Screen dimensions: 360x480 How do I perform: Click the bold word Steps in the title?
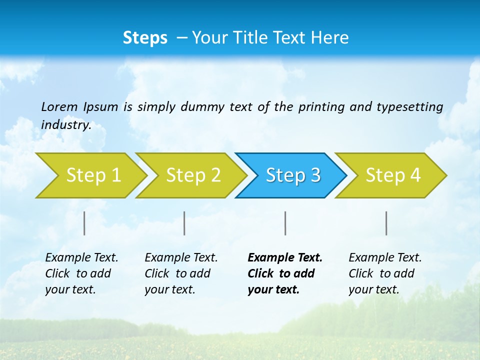tap(145, 38)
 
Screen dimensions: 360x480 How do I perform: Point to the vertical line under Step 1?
tap(84, 223)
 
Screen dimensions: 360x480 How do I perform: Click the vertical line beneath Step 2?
tap(184, 223)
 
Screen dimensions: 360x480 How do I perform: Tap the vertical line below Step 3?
tap(285, 223)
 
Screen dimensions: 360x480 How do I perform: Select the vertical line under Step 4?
tap(386, 223)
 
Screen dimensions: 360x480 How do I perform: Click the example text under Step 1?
tap(81, 273)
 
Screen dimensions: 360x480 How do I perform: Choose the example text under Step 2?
tap(181, 273)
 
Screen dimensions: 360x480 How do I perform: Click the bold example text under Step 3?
tap(285, 273)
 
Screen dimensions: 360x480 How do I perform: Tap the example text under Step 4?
tap(385, 273)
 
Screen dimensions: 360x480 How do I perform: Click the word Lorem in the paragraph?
tap(59, 107)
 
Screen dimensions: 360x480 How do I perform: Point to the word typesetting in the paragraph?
tap(409, 107)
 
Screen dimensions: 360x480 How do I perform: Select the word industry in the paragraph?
tap(65, 125)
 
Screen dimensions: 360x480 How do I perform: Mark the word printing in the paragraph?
tap(320, 107)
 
